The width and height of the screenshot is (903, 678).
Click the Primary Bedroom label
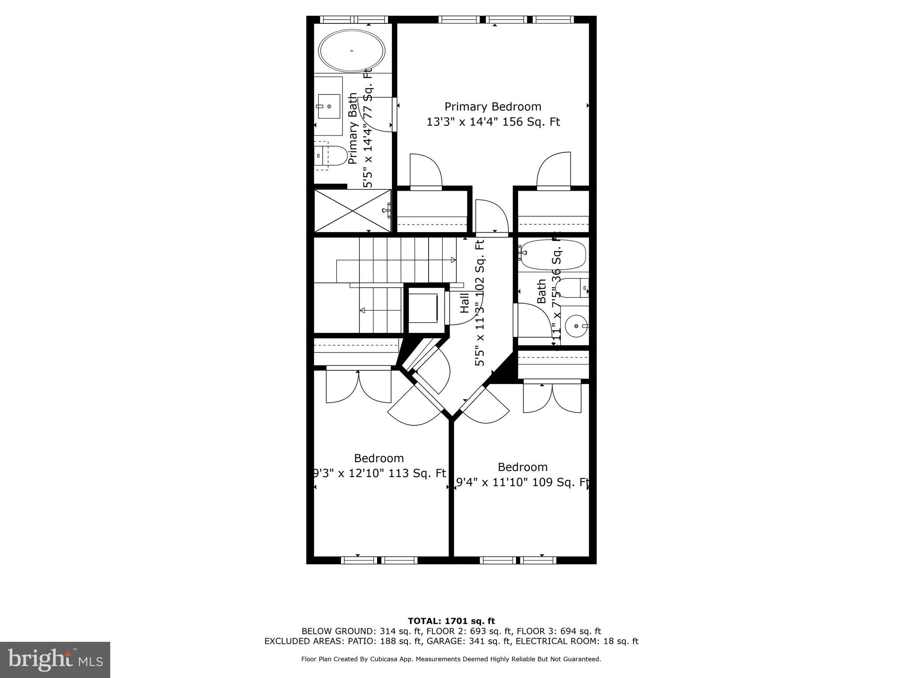click(x=493, y=107)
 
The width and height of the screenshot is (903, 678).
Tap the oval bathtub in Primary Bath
click(x=352, y=51)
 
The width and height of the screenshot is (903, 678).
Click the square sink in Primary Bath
click(x=328, y=106)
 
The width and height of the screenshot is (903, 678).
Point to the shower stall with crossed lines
click(x=352, y=211)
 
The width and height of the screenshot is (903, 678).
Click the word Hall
click(x=465, y=303)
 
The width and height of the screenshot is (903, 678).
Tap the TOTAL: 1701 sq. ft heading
click(x=451, y=621)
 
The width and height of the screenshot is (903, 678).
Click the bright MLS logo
click(x=55, y=659)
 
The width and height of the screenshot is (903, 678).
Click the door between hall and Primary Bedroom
click(x=492, y=218)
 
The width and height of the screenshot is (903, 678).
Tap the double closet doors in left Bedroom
click(x=358, y=386)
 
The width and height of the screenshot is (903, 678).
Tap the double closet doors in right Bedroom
click(x=552, y=397)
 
